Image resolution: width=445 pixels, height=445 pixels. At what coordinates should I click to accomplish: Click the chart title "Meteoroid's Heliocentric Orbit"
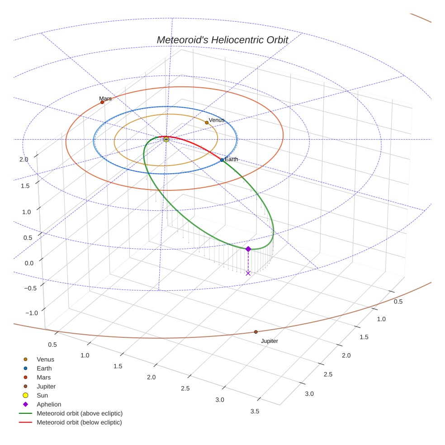[222, 40]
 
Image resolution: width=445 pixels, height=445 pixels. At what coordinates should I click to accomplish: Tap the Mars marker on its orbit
[102, 102]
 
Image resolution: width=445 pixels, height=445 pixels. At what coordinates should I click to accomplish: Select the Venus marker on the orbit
[207, 123]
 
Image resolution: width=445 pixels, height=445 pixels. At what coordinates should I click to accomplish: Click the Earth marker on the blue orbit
[222, 160]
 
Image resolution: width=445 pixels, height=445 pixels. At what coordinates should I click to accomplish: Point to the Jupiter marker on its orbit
[256, 332]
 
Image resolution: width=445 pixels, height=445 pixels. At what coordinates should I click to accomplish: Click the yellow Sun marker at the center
[166, 139]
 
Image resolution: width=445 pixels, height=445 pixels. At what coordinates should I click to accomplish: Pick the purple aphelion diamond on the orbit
[248, 249]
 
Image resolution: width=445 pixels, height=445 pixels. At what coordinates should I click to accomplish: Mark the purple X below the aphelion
[248, 273]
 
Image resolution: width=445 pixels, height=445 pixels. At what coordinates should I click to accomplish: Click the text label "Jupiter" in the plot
[270, 341]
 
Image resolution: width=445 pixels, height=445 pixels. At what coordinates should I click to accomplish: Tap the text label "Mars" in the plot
[105, 99]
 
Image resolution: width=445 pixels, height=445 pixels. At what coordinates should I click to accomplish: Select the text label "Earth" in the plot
[232, 160]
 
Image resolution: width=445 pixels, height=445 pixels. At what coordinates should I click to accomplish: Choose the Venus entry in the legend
[45, 359]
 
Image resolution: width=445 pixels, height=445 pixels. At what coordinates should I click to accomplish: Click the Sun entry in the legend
[43, 395]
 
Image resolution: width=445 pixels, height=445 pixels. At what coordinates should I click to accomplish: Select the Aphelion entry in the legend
[49, 404]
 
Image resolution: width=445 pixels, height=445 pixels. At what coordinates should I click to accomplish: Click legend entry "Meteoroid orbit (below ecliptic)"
[79, 422]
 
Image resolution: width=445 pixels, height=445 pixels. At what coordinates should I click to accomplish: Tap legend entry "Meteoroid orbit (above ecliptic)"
[80, 413]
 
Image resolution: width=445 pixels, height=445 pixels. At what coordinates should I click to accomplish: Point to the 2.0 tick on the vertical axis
[24, 159]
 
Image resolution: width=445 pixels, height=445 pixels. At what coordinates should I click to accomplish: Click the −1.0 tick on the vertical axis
[31, 313]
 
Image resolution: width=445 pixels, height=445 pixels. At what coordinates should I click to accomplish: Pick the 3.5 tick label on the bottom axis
[255, 411]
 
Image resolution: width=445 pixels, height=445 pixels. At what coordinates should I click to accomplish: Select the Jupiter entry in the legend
[46, 386]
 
